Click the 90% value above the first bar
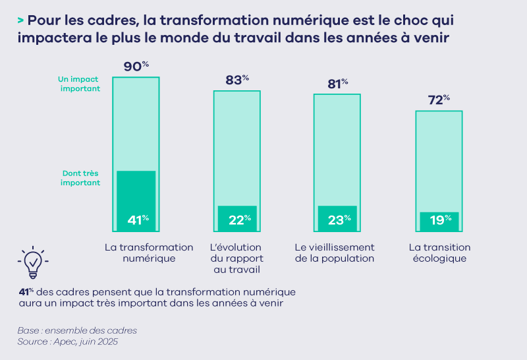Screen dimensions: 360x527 click(x=136, y=67)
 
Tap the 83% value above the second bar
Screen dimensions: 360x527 click(x=237, y=80)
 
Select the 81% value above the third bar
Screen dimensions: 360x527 click(x=337, y=84)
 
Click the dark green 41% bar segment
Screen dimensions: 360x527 click(x=136, y=201)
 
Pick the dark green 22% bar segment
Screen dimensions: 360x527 click(x=237, y=218)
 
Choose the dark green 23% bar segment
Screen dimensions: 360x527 click(x=337, y=218)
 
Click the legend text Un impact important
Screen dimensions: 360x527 click(x=79, y=83)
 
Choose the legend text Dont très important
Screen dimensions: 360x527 click(x=80, y=178)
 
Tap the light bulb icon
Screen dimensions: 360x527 click(x=32, y=263)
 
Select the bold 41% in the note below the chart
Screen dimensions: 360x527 click(x=26, y=291)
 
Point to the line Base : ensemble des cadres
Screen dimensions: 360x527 click(x=77, y=330)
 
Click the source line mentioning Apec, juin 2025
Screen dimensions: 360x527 click(x=68, y=342)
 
